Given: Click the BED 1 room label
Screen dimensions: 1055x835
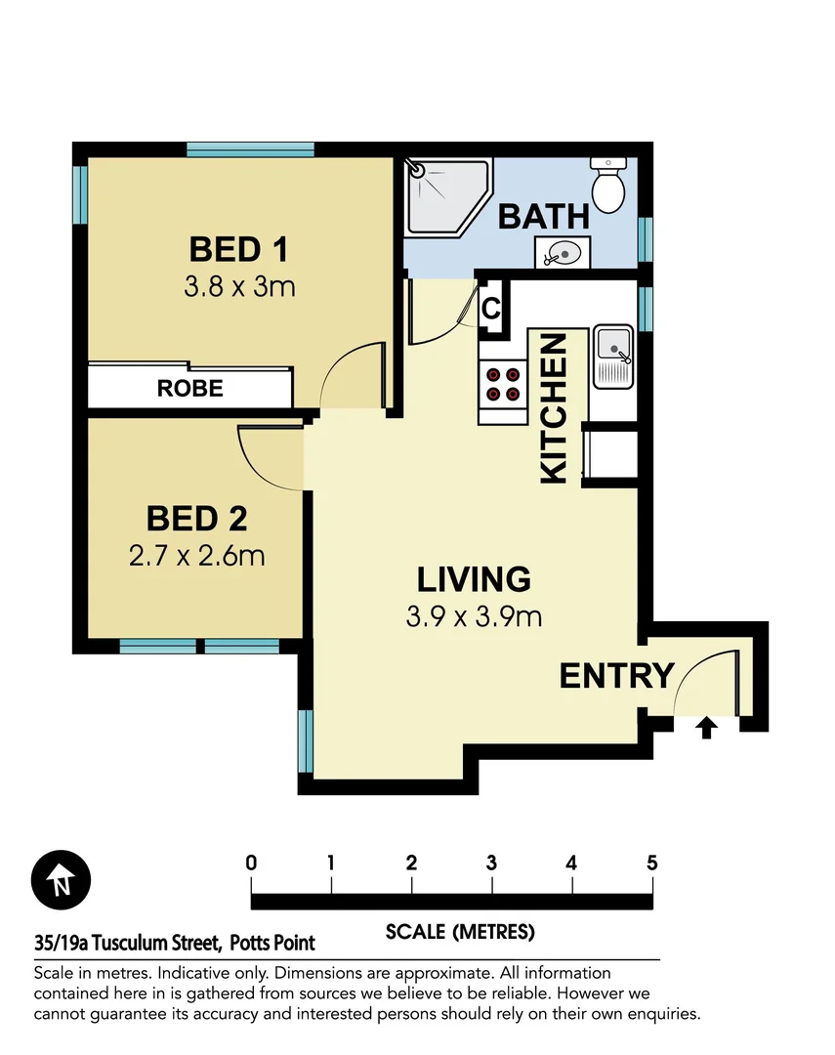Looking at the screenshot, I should coord(238,249).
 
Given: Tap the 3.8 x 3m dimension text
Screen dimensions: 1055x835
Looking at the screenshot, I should coord(238,287).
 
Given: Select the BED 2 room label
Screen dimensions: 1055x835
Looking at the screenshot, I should coord(196,518).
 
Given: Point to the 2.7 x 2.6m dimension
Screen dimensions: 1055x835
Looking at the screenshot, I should coord(196,556).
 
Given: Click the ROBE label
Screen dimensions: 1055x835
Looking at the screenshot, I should coord(189,388).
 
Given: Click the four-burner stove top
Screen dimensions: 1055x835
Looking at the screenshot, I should coord(502,384).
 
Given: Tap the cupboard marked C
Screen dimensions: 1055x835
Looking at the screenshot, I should coord(492,310).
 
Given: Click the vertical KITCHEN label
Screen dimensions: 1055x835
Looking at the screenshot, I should coord(553,407).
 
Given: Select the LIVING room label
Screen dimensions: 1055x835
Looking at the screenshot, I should coord(474,578).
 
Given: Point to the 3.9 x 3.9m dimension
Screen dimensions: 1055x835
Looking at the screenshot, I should coord(474,616).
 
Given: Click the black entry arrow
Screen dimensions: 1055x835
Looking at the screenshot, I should coord(707,728).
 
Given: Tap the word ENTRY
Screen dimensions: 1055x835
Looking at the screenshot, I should coord(616,675).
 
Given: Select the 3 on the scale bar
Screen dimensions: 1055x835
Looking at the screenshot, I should coord(491,864).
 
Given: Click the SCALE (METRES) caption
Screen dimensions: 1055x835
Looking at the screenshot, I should coord(460,931).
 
